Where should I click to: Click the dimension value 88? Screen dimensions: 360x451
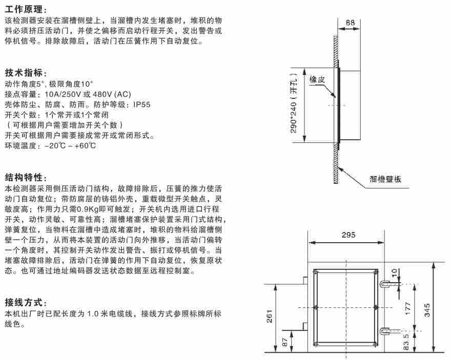[x=350, y=23]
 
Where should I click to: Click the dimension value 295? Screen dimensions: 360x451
[x=348, y=235]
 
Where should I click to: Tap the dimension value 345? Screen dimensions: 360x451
[x=428, y=310]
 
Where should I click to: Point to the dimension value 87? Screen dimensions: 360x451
[x=285, y=342]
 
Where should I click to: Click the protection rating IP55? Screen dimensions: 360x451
[x=141, y=104]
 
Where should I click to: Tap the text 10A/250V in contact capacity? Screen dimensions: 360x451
[x=60, y=95]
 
